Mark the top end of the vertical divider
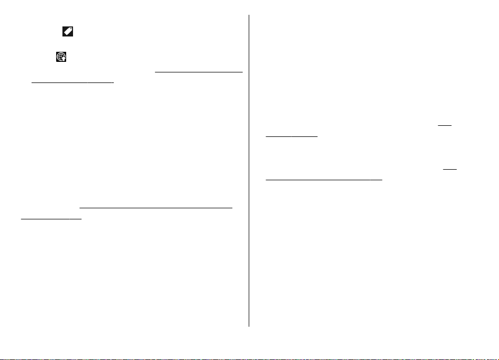(249, 15)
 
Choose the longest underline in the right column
(323, 180)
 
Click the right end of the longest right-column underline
(382, 180)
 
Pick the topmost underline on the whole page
(198, 71)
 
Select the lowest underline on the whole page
(51, 218)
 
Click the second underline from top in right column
(291, 136)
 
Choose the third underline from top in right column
(450, 169)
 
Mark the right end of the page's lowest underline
(81, 218)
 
